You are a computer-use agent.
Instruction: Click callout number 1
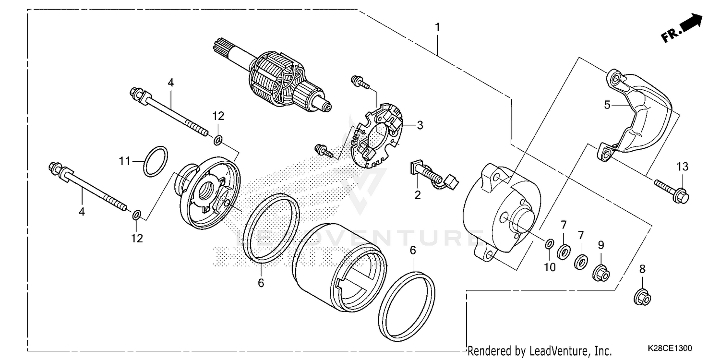click(437, 27)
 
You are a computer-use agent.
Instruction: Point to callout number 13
click(683, 167)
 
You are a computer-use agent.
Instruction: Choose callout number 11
click(125, 162)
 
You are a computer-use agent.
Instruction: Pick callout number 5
click(607, 105)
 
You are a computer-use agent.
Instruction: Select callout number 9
click(600, 245)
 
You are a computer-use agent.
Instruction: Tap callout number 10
click(550, 267)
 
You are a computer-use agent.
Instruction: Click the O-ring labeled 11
click(156, 162)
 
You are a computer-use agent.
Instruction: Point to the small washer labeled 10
click(549, 244)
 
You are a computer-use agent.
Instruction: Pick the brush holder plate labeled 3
click(379, 139)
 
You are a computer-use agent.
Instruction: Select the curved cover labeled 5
click(638, 115)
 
